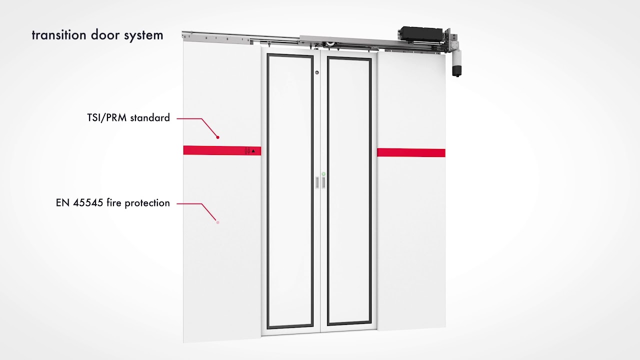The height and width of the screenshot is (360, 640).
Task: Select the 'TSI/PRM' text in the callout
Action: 106,118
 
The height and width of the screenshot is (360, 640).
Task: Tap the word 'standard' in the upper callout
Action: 150,118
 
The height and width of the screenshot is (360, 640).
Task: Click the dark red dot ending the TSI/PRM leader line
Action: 218,137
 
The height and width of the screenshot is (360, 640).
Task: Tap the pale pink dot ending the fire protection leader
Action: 218,222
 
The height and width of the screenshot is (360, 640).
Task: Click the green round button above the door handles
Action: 323,174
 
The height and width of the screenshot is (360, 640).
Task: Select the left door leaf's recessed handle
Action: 316,182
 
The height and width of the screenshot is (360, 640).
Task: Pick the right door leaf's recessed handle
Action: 323,182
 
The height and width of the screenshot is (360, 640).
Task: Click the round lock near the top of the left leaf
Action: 317,73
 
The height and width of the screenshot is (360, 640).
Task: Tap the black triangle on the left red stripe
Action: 253,150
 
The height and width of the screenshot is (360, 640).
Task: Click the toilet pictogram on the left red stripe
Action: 247,150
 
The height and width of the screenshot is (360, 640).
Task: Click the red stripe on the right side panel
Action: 411,152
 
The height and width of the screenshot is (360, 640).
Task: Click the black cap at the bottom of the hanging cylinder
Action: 456,71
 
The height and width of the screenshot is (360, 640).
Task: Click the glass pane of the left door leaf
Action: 290,190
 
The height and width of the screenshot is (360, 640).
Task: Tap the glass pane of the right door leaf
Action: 349,190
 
